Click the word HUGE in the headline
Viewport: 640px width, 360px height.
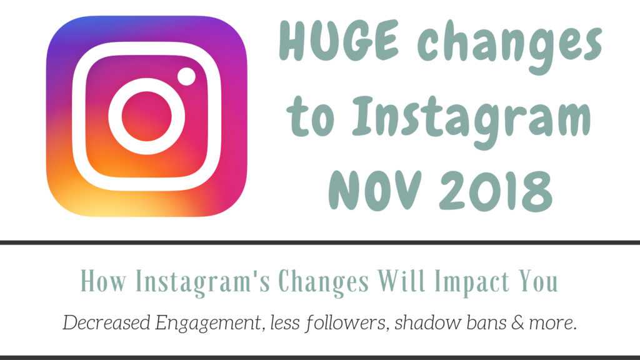tap(339, 41)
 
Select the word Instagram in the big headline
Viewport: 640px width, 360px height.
tap(471, 118)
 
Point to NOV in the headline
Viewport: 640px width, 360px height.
tap(375, 190)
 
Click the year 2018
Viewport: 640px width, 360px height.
tap(496, 191)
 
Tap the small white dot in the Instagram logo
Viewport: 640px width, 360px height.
tap(186, 76)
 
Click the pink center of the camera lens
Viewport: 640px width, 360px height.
tap(146, 116)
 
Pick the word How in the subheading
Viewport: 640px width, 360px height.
tap(104, 281)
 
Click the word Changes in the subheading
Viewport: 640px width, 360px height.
tap(324, 282)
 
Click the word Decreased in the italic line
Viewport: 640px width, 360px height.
tap(106, 322)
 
